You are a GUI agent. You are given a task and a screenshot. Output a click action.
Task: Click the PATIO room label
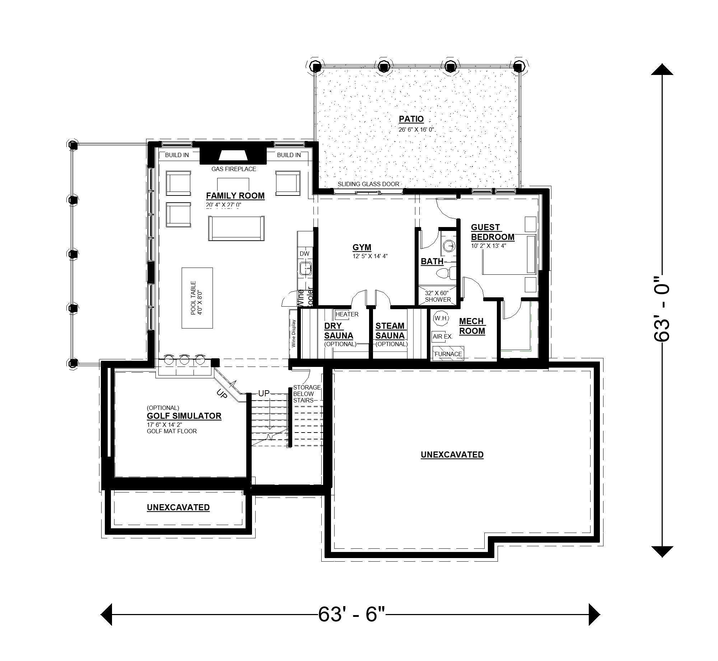click(411, 119)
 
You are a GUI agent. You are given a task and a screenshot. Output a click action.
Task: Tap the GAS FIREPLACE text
click(233, 169)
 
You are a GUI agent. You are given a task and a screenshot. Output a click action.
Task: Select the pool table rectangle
click(197, 298)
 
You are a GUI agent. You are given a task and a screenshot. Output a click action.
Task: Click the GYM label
click(362, 247)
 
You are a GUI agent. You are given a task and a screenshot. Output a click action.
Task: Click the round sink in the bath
click(449, 246)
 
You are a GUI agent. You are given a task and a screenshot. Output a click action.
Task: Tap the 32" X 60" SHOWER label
click(438, 296)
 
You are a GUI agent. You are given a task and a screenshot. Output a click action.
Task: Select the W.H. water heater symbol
click(440, 318)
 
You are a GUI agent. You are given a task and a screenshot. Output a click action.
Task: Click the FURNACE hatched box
click(448, 353)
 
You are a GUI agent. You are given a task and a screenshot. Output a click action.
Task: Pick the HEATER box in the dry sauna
click(346, 315)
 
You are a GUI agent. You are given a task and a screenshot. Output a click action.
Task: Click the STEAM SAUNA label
click(390, 331)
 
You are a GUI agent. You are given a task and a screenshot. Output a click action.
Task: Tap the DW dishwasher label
click(304, 254)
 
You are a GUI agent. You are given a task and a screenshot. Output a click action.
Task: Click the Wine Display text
click(293, 334)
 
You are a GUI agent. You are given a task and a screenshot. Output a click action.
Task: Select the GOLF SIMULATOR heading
click(184, 416)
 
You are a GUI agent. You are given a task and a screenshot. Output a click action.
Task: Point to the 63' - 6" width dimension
click(351, 614)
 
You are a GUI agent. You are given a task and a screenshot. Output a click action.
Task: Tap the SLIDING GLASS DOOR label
click(368, 184)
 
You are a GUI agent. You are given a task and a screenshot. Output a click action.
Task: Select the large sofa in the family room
click(236, 228)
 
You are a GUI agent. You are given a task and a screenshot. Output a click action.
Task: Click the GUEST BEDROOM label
click(492, 232)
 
